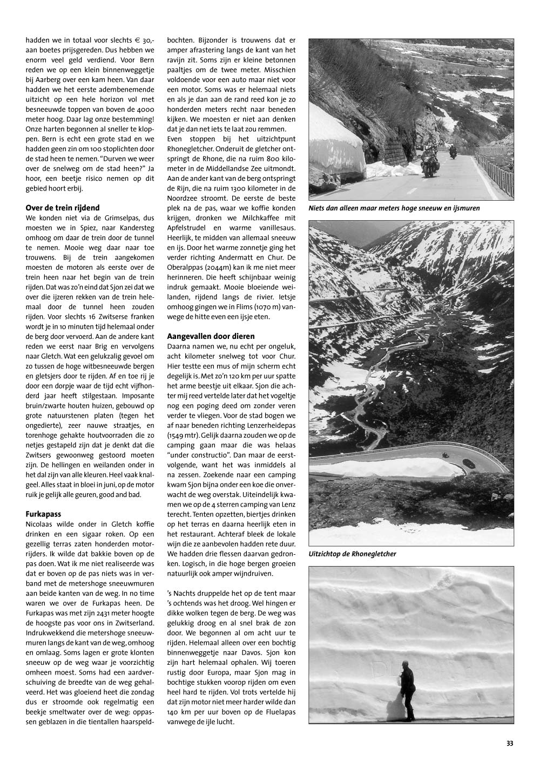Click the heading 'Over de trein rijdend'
[63, 208]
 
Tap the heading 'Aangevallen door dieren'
[211, 336]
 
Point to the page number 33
[510, 743]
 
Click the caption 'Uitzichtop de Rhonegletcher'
[353, 554]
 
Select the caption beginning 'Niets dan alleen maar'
[394, 208]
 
